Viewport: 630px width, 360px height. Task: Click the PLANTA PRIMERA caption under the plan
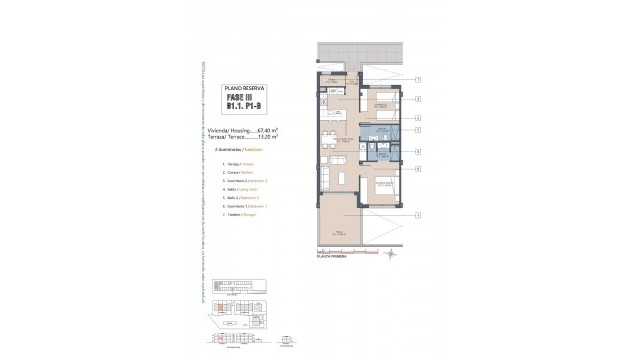[x=332, y=256]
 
